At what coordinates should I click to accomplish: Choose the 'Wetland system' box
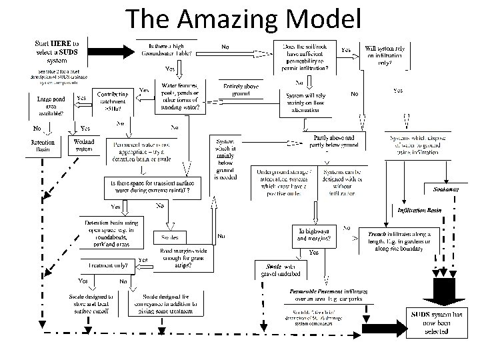83,145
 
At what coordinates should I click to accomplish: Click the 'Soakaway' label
445,190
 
